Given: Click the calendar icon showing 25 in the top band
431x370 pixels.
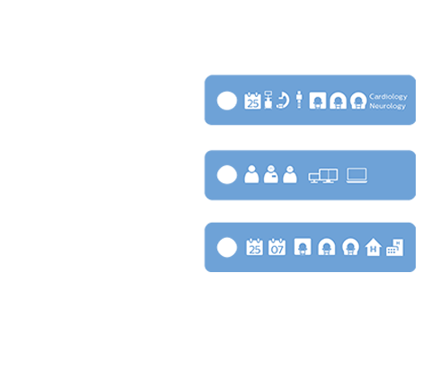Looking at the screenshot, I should click(252, 101).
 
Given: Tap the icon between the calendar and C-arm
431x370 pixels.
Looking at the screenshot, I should click(268, 101).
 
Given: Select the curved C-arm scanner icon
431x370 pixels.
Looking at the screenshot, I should click(283, 101).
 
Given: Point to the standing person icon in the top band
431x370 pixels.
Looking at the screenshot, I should click(299, 101).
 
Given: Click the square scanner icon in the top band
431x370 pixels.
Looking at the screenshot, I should click(316, 101).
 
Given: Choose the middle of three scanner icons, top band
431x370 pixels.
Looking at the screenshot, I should click(338, 101).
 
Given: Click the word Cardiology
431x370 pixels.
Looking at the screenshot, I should click(387, 95).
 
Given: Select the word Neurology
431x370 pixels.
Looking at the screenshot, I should click(387, 106).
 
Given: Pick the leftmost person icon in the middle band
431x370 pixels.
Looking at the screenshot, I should click(251, 175).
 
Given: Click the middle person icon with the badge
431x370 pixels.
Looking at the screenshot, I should click(270, 175).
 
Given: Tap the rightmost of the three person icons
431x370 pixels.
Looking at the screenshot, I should click(289, 175).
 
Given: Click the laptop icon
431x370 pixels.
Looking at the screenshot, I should click(357, 175).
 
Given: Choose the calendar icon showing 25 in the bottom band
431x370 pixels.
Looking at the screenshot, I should click(254, 247).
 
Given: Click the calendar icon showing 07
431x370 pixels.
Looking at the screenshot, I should click(277, 247).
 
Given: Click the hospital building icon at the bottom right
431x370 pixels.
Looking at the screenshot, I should click(394, 247).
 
